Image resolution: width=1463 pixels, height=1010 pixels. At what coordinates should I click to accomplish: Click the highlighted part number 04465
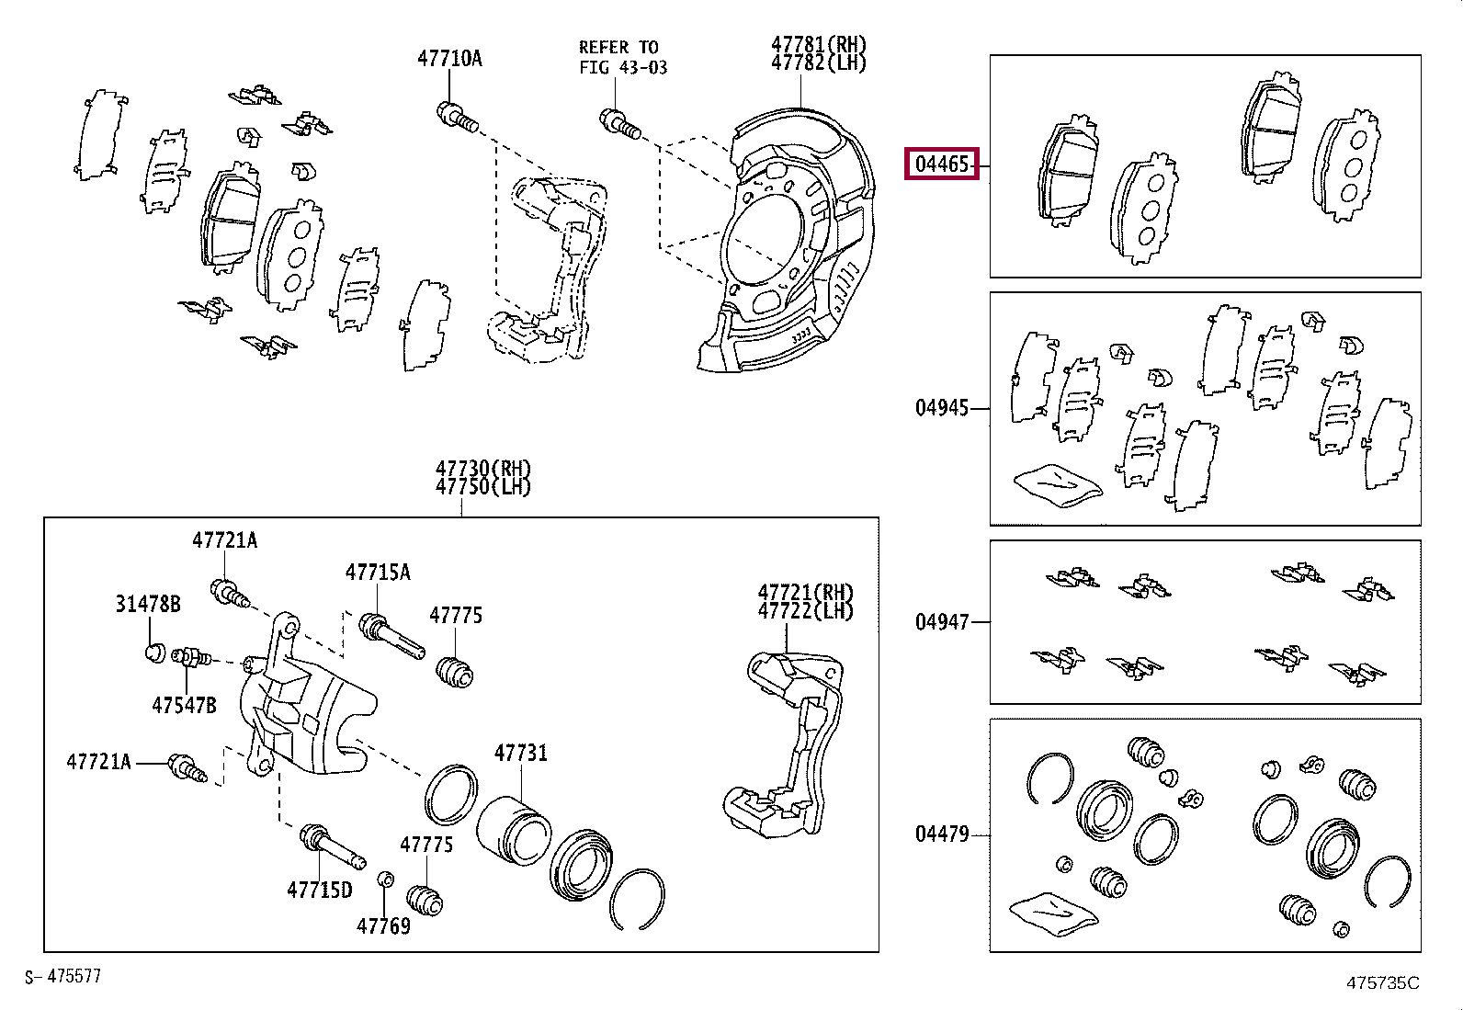[941, 165]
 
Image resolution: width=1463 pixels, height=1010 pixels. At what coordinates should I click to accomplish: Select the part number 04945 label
[941, 407]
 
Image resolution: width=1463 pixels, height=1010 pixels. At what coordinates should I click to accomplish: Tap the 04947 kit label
[941, 622]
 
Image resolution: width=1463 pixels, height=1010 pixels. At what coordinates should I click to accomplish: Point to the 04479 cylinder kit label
[941, 834]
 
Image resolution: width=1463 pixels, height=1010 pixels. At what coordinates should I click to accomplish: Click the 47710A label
[449, 59]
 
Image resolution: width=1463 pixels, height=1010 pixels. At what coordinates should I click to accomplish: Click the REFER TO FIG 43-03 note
[622, 57]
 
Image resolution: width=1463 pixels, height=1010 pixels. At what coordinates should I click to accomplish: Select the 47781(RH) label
[818, 44]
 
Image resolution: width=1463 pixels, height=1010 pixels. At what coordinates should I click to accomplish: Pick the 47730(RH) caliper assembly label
[483, 469]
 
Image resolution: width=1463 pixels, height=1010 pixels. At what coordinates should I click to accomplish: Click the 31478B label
[148, 604]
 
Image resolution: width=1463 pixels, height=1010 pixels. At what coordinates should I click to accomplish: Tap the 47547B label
[184, 705]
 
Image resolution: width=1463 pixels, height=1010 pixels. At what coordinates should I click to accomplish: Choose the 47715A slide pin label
[378, 573]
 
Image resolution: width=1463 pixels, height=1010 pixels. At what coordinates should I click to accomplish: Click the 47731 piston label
[520, 754]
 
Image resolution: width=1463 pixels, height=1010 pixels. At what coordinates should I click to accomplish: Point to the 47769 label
[383, 925]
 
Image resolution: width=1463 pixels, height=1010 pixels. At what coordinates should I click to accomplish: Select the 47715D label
[319, 890]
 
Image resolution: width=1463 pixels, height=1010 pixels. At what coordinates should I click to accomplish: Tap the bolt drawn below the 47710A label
[457, 117]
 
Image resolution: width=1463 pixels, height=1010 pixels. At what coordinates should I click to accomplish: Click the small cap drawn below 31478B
[155, 653]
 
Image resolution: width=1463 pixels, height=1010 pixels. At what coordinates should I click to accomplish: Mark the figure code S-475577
[62, 976]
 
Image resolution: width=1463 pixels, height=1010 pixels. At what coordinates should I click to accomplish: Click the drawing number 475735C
[1382, 982]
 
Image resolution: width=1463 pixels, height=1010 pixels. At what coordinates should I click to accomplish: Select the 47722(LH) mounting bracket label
[805, 610]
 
